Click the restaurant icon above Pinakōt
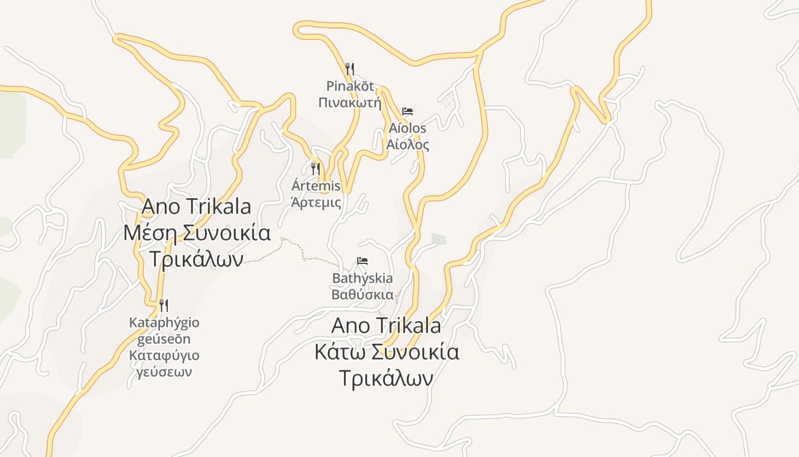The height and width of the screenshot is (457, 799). click(350, 69)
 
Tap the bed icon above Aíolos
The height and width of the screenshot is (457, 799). click(407, 111)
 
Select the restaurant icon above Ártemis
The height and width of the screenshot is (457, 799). click(315, 169)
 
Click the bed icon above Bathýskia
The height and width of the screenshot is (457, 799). click(362, 261)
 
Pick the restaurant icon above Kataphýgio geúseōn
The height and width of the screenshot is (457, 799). click(164, 305)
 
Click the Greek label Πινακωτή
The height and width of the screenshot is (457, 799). click(349, 103)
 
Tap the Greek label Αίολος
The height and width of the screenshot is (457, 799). click(407, 145)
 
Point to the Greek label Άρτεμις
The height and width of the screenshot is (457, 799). click(316, 202)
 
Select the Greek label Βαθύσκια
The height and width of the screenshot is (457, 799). click(362, 295)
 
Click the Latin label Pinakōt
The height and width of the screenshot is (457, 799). click(350, 86)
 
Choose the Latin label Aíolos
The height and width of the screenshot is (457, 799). click(407, 128)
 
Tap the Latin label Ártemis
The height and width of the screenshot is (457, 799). click(316, 186)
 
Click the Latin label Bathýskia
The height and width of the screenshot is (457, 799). click(362, 279)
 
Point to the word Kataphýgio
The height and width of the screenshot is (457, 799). click(164, 323)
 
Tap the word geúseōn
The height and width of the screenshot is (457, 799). click(164, 339)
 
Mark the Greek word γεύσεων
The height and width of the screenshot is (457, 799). click(164, 372)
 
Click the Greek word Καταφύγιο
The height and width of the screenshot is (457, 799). click(164, 355)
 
